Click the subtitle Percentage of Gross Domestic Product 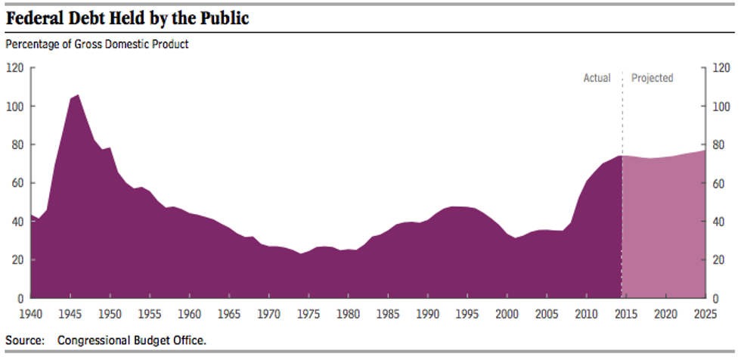click(97, 45)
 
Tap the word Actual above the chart click(597, 78)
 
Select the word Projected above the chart click(652, 78)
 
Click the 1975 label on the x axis click(308, 312)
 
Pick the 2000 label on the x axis click(507, 312)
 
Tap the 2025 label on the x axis click(705, 312)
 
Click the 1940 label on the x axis click(31, 312)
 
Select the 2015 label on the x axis click(625, 312)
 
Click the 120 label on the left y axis click(15, 68)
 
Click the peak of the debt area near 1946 click(78, 96)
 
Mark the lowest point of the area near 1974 click(301, 254)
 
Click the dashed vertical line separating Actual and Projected click(622, 113)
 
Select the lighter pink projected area click(664, 227)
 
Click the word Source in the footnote click(24, 340)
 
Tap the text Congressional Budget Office click(131, 340)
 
